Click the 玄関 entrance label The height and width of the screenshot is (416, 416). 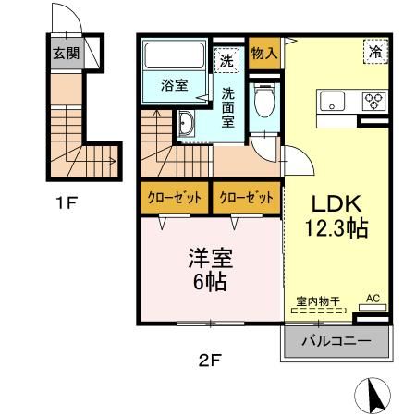[x=66, y=53]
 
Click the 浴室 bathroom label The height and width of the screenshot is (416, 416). [x=174, y=86]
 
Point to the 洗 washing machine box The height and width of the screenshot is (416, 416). [x=226, y=62]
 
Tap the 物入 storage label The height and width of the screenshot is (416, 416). [x=263, y=53]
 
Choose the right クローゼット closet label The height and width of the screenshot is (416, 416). [x=246, y=197]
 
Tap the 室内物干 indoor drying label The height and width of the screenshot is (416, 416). [x=319, y=301]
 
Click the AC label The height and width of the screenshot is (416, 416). [x=373, y=298]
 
